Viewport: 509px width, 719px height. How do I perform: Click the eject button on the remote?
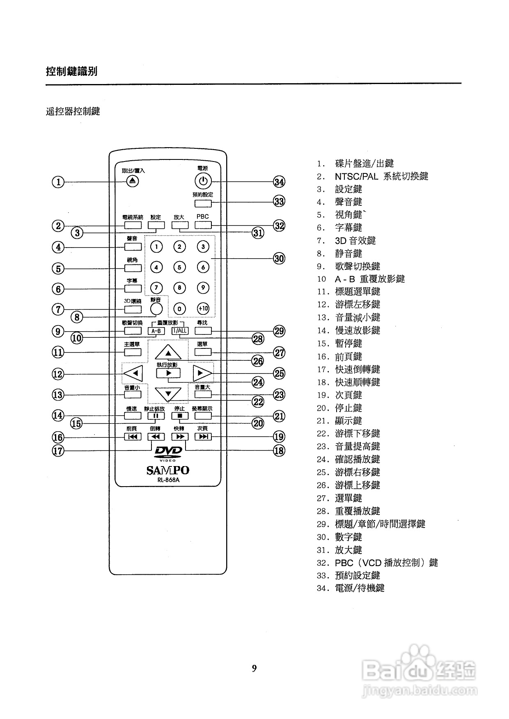[132, 181]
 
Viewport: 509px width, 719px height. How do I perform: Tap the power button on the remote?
[202, 181]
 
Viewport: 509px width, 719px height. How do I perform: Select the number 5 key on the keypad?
[179, 267]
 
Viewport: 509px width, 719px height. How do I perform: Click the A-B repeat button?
[156, 331]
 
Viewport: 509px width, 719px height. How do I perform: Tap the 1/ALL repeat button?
[180, 331]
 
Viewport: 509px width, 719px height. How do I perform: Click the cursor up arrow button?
[168, 352]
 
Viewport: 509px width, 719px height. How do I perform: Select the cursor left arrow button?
[133, 373]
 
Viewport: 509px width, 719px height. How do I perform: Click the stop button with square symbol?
[180, 416]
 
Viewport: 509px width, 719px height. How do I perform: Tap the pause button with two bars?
[156, 416]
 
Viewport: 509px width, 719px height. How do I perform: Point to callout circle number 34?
[279, 182]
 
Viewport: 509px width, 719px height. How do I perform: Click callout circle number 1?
[58, 182]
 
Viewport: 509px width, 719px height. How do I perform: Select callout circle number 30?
[279, 259]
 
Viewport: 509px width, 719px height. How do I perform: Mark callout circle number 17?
[58, 451]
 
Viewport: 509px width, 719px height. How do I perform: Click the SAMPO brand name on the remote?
[168, 470]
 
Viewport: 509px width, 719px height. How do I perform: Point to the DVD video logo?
[168, 453]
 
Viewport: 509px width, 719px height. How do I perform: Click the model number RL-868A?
[168, 480]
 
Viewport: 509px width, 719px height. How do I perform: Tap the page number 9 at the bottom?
[254, 669]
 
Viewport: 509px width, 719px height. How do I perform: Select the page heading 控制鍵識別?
[71, 71]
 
